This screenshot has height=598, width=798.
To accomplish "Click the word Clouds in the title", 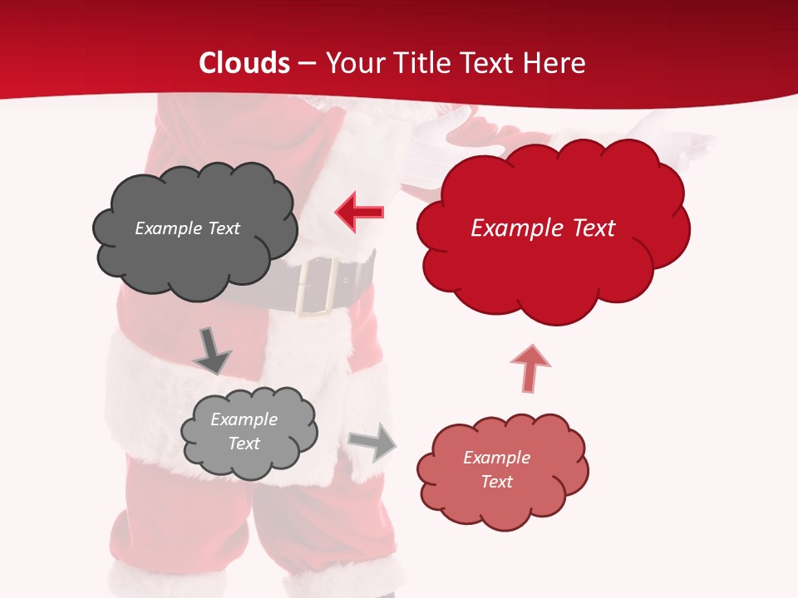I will click(244, 63).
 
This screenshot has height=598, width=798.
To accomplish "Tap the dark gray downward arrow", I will click(211, 350).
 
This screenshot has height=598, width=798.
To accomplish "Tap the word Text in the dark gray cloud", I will click(223, 228).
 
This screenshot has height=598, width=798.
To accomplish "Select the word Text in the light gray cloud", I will click(244, 444).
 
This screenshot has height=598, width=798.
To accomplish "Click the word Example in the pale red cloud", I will click(496, 458).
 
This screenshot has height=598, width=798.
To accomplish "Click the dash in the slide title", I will click(307, 63).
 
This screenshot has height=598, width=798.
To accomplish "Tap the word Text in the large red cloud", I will click(594, 228).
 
